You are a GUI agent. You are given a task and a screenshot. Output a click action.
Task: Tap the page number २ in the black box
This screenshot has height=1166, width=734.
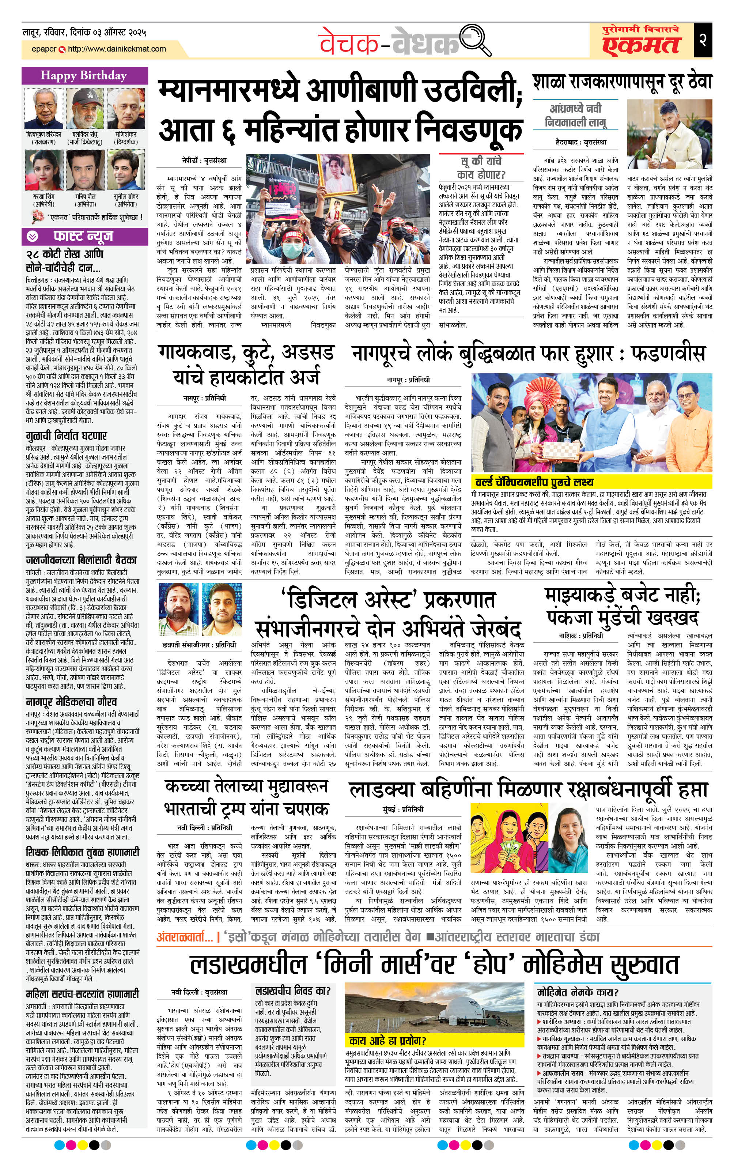(703, 39)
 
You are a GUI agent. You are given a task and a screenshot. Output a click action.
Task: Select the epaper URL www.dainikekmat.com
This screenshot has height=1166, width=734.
(117, 49)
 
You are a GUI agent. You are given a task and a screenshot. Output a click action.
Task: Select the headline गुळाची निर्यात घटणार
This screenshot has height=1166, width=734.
(66, 435)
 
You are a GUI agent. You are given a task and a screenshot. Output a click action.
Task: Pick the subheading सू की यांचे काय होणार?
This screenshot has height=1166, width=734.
(481, 167)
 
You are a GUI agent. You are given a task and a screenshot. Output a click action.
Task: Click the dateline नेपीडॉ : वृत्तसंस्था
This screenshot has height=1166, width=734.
(204, 160)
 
